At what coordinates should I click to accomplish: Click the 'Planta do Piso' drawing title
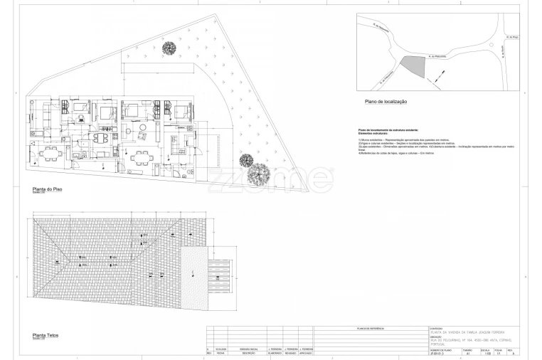tap(38, 190)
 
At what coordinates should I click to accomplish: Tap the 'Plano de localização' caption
tap(386, 102)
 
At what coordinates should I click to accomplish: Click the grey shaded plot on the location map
tap(413, 67)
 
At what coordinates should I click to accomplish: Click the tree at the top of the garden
tap(169, 48)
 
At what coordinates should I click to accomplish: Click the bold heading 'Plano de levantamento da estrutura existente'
tap(388, 130)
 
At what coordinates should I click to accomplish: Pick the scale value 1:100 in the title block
tap(486, 354)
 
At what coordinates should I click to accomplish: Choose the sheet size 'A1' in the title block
tap(467, 354)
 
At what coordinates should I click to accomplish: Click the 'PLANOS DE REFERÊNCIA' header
tap(370, 329)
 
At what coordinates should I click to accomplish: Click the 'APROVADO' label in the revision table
tap(307, 354)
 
